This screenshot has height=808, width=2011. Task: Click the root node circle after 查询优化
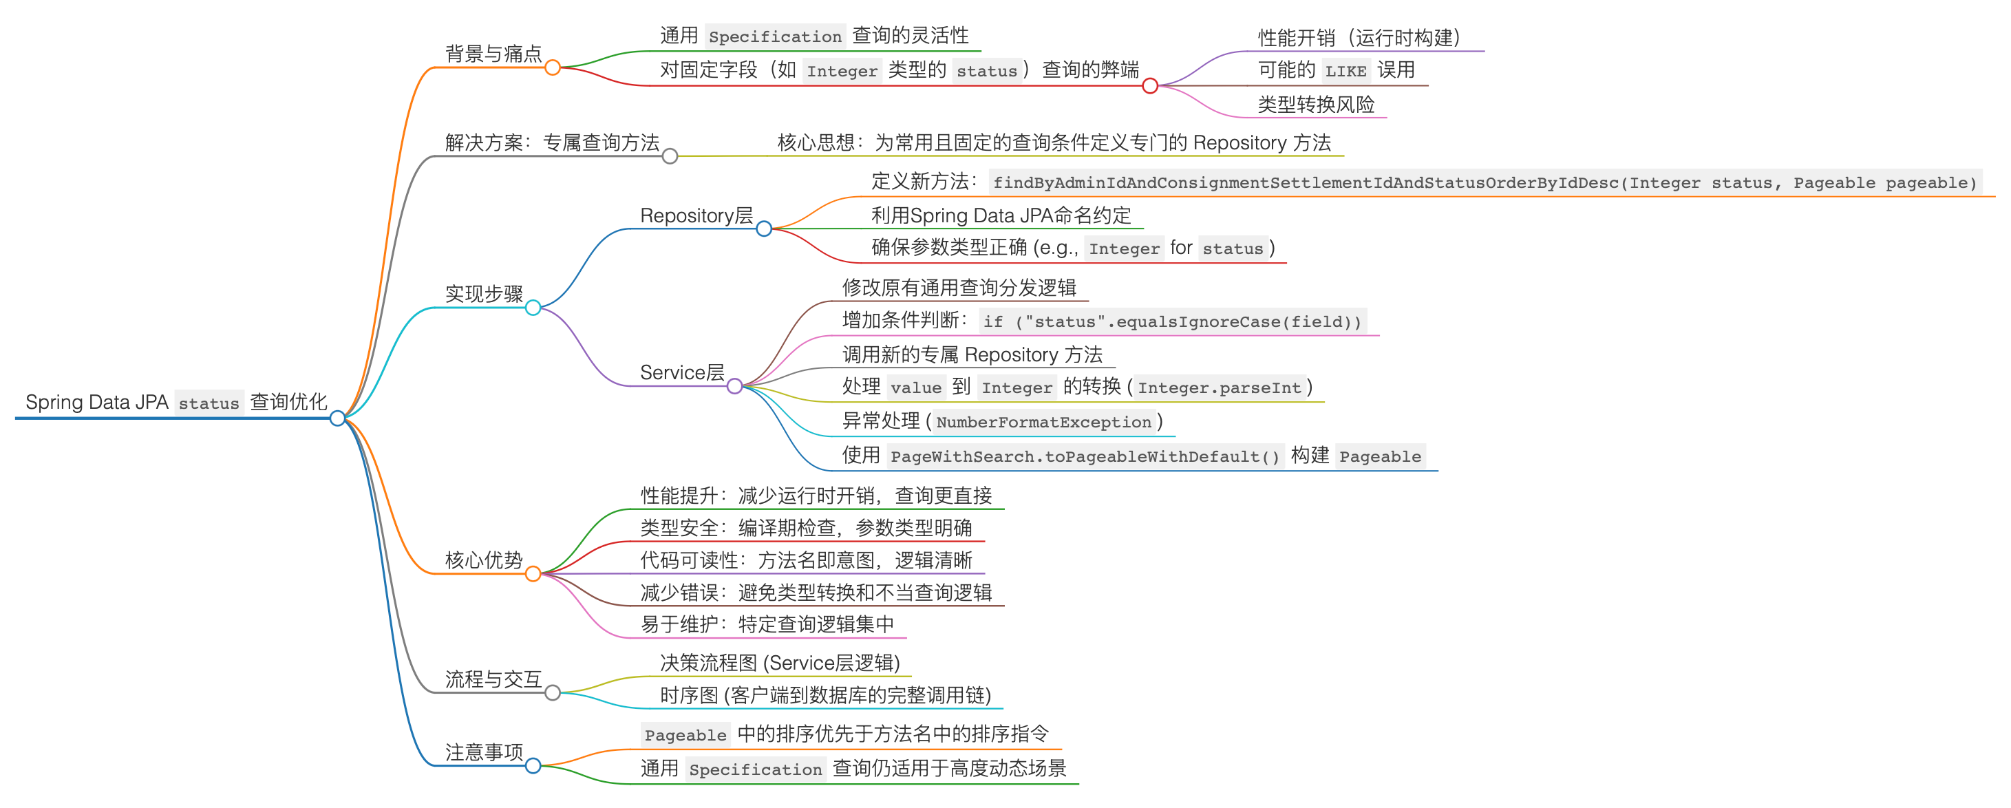(337, 418)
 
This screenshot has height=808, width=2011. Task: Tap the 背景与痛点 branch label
(493, 54)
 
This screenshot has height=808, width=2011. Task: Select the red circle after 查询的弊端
(1149, 86)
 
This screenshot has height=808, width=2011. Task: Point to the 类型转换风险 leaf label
(1315, 105)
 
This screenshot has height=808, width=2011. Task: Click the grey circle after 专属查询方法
(669, 156)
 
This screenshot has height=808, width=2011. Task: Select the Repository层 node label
(696, 215)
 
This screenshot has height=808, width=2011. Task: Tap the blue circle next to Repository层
(763, 228)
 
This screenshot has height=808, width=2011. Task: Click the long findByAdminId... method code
(1484, 182)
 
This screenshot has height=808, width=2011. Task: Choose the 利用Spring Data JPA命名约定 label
(1000, 215)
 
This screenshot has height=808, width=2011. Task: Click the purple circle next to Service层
(734, 386)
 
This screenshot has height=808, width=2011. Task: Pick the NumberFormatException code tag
(1043, 423)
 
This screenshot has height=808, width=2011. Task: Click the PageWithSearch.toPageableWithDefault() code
(1085, 457)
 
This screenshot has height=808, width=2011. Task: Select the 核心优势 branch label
(483, 560)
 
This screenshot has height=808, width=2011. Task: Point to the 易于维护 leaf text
(767, 624)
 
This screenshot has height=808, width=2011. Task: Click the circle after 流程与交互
(552, 692)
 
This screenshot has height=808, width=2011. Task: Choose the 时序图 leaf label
(824, 695)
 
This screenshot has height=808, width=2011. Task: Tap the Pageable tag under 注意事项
(685, 736)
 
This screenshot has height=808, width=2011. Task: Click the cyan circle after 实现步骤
(533, 308)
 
